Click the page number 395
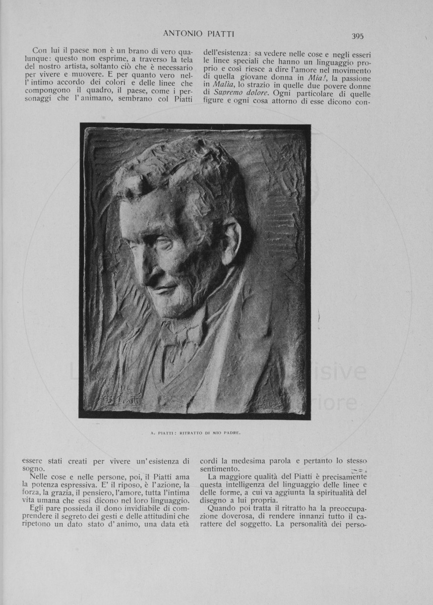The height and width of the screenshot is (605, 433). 357,36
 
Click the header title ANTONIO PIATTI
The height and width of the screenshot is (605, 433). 199,34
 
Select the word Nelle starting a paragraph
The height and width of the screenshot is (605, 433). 41,476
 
